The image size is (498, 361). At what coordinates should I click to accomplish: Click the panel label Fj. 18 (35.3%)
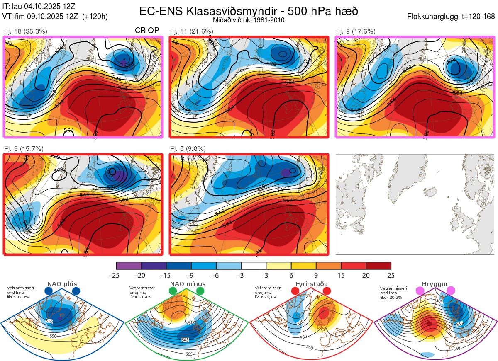(25, 31)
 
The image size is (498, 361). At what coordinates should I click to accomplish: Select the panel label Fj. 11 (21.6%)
(192, 31)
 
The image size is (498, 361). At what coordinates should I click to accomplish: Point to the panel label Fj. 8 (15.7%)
(24, 148)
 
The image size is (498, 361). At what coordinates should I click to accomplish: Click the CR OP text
(147, 31)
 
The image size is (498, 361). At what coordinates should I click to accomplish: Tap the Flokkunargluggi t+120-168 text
(451, 17)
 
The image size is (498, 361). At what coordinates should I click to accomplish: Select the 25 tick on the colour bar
(390, 275)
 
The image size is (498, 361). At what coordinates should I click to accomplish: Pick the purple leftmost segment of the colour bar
(129, 266)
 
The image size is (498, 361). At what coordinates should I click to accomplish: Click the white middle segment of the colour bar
(254, 266)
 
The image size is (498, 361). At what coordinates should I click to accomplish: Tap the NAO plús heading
(63, 284)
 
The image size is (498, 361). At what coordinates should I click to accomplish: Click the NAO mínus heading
(188, 284)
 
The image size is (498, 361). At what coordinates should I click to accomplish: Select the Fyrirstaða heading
(311, 284)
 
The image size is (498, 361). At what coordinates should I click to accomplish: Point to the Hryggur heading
(434, 284)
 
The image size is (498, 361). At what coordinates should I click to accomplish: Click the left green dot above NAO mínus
(173, 291)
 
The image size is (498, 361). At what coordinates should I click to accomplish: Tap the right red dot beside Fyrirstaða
(326, 291)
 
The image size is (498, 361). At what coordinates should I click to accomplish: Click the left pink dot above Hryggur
(420, 291)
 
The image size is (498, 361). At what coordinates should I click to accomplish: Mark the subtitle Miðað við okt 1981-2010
(249, 20)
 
